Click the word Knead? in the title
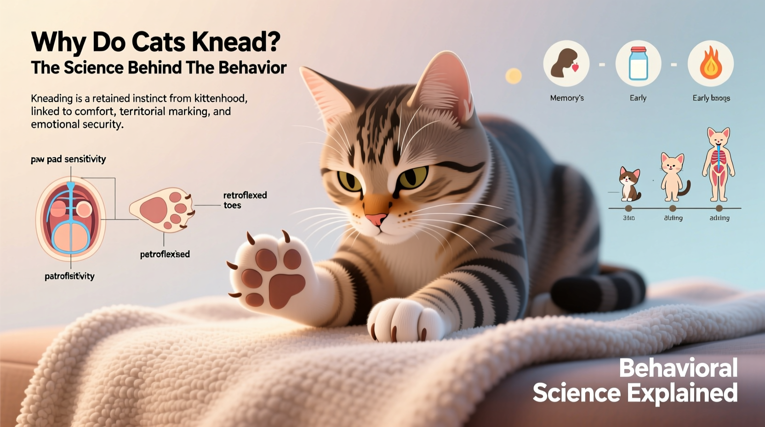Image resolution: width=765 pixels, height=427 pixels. coord(235,42)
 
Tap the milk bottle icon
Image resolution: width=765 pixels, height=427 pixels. coord(638,63)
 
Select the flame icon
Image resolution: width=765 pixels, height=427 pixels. coord(710,63)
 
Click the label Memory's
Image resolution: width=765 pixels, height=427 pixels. coord(567,98)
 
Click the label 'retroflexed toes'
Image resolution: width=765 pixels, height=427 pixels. coord(245,200)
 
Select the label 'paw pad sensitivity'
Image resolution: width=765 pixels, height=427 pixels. coord(69,159)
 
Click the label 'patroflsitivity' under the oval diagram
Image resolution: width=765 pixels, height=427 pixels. coord(69,276)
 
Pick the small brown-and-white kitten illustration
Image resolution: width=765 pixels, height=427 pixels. coord(629,184)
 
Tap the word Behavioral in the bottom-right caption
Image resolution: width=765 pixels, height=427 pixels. coord(678,368)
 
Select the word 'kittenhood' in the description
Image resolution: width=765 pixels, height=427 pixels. coord(221,98)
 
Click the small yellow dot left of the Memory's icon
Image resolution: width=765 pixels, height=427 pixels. coord(514,76)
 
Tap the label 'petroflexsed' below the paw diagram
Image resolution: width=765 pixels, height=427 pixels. coord(165,254)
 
